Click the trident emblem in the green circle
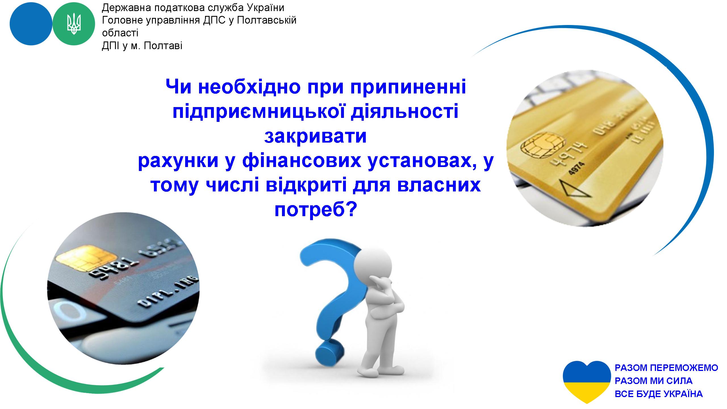point(74,24)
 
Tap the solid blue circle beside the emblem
point(31,24)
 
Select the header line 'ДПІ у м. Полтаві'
point(142,46)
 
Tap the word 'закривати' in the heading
point(316,137)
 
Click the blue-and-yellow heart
point(587,382)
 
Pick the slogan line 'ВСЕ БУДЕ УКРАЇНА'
point(659,394)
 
